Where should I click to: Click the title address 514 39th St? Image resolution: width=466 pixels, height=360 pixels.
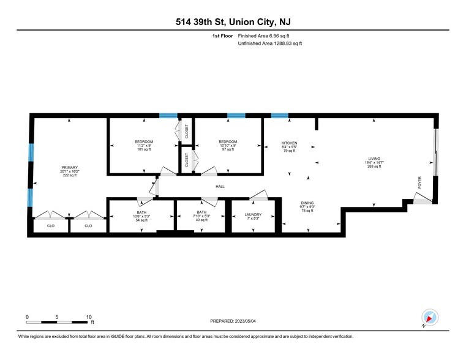click(x=233, y=22)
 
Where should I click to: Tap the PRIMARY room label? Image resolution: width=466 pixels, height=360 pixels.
click(x=69, y=167)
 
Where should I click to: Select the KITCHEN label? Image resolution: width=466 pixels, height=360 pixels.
click(x=289, y=142)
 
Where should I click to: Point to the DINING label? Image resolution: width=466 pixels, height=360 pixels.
click(x=307, y=203)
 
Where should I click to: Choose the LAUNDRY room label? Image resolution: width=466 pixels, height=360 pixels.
click(x=253, y=214)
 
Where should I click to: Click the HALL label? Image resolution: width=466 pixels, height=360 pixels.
click(x=220, y=187)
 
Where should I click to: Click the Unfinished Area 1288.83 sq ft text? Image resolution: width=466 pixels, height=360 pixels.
click(x=269, y=43)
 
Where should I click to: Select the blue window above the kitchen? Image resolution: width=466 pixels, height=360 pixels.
click(x=280, y=115)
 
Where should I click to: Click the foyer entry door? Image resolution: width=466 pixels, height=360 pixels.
click(x=423, y=198)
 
